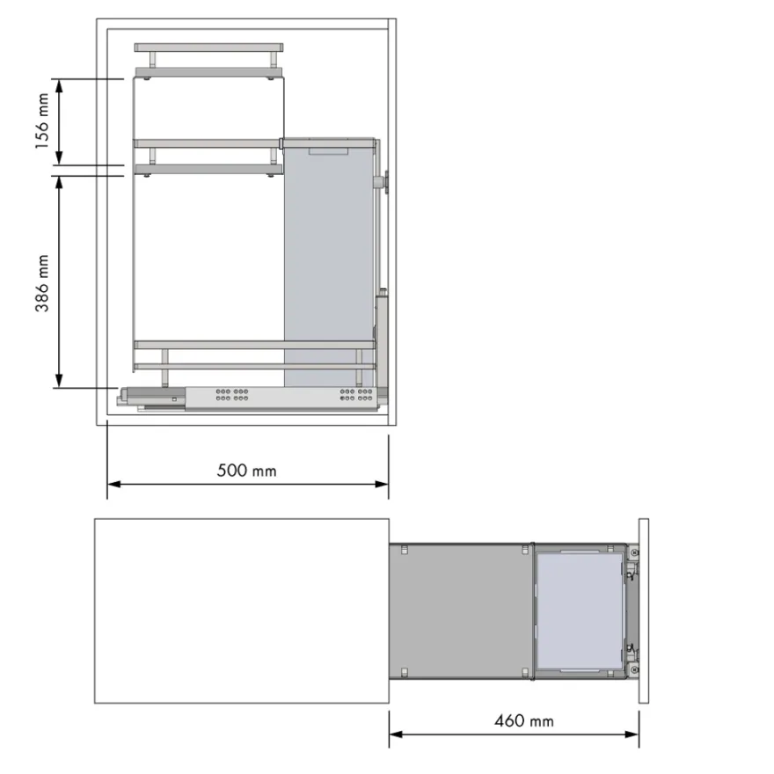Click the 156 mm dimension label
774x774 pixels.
[x=42, y=121]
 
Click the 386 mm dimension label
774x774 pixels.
[x=42, y=283]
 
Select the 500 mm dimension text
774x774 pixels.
[x=247, y=471]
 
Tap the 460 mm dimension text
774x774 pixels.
[x=524, y=721]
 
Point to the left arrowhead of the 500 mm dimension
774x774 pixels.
[x=114, y=485]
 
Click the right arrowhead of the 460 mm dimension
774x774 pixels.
[x=632, y=734]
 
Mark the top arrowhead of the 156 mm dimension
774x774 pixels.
[x=59, y=86]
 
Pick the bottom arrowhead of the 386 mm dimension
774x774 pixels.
[x=59, y=381]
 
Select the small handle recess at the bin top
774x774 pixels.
[x=328, y=151]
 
